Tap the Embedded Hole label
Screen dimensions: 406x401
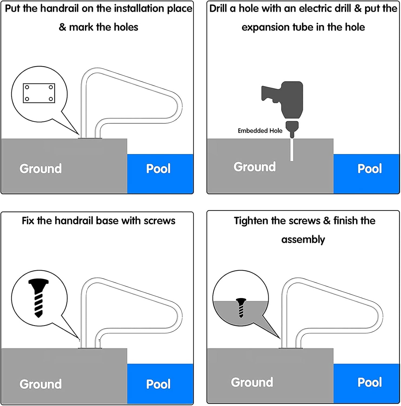click(260, 131)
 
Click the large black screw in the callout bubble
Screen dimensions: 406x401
click(38, 298)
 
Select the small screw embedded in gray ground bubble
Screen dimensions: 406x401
click(241, 307)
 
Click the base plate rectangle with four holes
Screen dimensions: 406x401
click(39, 93)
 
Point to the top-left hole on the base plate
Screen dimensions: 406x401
click(27, 87)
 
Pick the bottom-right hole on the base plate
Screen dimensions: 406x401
click(51, 99)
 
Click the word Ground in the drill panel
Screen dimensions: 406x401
click(255, 167)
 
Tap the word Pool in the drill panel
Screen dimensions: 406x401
click(369, 169)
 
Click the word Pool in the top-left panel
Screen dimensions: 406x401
click(158, 169)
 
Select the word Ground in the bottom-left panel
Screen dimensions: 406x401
click(41, 384)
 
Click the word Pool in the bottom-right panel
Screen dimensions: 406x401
click(369, 382)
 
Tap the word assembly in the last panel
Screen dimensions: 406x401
click(303, 240)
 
